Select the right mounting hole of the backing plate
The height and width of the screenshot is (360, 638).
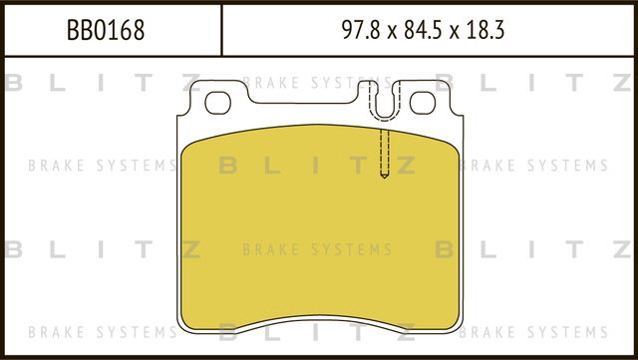pyautogui.click(x=423, y=101)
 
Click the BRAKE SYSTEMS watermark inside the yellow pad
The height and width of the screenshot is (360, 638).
pyautogui.click(x=317, y=249)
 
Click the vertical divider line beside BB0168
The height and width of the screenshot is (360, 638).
pyautogui.click(x=220, y=30)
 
